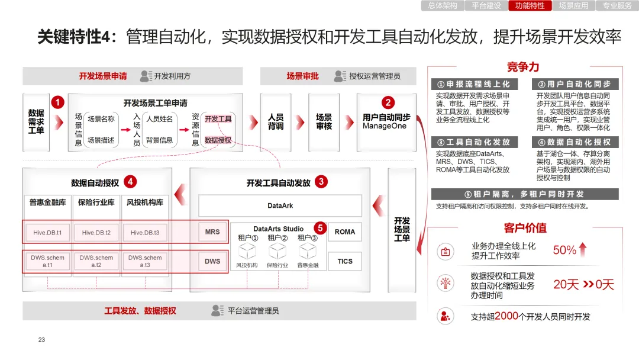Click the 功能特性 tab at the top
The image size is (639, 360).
click(530, 6)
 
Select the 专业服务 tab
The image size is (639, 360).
click(617, 6)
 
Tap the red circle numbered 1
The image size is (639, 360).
click(57, 102)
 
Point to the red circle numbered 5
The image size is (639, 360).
click(319, 227)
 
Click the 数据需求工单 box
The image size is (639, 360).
click(36, 121)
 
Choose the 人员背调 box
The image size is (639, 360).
click(276, 122)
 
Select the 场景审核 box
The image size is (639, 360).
click(324, 122)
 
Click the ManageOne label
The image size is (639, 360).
click(385, 126)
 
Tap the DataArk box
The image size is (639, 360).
click(280, 206)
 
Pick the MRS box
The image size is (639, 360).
click(212, 232)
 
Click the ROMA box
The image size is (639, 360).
click(345, 232)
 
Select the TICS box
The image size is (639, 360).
click(345, 261)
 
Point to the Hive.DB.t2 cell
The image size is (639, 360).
click(96, 233)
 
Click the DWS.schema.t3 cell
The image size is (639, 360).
click(145, 261)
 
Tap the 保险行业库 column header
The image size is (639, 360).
click(96, 202)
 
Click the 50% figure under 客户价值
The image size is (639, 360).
click(564, 250)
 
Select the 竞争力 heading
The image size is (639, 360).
click(523, 67)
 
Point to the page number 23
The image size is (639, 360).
click(41, 340)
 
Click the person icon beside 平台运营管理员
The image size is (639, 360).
click(217, 310)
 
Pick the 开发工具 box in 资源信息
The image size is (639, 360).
click(218, 119)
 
